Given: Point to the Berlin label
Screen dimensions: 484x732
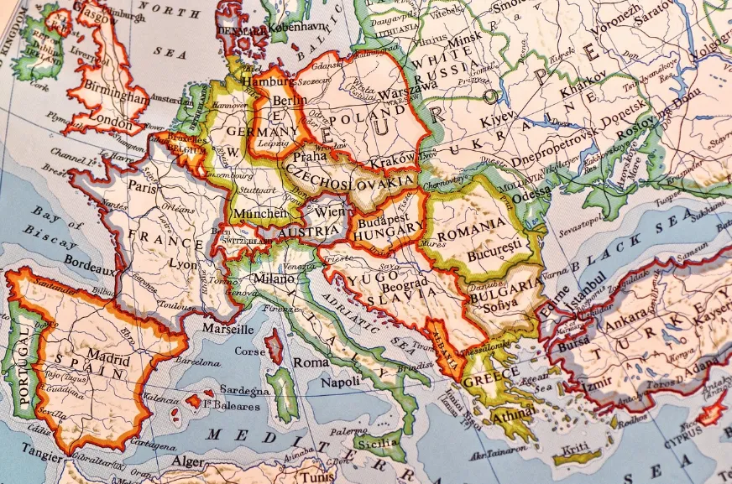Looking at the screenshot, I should pos(289,101).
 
